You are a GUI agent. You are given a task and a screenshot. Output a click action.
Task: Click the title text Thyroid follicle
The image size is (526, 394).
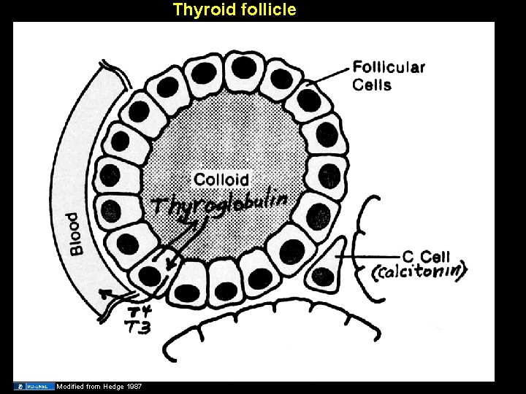coord(234,9)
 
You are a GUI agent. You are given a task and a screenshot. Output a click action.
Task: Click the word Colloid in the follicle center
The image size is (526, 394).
coord(221,179)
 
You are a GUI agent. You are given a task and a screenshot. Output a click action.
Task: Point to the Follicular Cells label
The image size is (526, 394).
coord(389,75)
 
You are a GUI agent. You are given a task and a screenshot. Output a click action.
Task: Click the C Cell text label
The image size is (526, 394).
coord(427,257)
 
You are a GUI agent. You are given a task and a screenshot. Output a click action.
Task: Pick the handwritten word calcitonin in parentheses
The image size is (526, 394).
coord(419,272)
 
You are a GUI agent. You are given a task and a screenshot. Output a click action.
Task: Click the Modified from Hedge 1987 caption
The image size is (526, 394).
coord(99,385)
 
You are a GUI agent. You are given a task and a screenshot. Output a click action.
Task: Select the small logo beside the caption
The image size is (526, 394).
coord(34,385)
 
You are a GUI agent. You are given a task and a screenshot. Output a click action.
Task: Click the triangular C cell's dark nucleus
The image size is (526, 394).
coord(321,274)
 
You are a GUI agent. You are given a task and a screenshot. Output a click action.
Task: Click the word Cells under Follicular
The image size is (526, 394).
coord(373,85)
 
